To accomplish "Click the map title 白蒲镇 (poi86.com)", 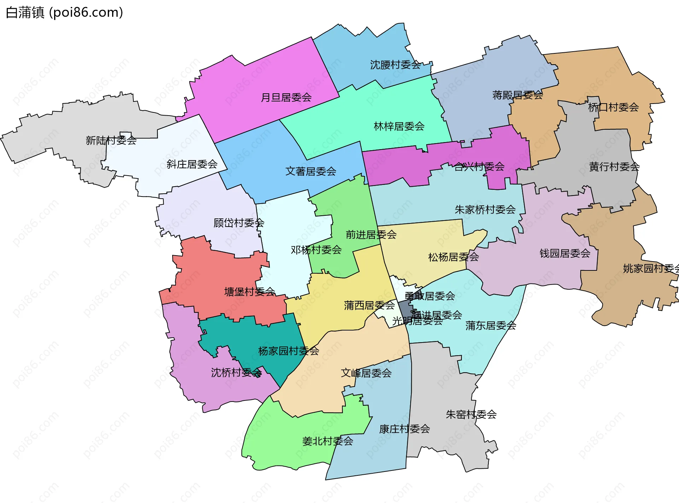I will click(x=64, y=13).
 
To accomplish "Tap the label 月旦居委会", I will click(x=286, y=98).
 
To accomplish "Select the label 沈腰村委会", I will click(x=395, y=65).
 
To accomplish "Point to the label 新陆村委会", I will click(x=111, y=141).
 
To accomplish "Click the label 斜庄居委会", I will click(x=192, y=164).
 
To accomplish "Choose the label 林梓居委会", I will click(x=399, y=127).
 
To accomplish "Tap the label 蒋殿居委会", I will click(x=517, y=95).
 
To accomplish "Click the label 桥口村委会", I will click(x=613, y=107).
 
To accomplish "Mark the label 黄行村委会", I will click(x=614, y=167).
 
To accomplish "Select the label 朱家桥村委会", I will click(x=485, y=210).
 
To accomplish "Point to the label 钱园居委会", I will click(x=565, y=253).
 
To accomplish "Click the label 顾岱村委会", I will click(x=239, y=223).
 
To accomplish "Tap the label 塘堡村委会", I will click(x=249, y=292).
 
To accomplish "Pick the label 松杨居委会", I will click(x=453, y=257).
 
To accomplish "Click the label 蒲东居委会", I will click(x=491, y=326).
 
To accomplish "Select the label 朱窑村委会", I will click(x=471, y=415).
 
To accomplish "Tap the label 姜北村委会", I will click(x=327, y=441).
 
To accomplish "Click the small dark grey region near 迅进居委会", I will click(x=405, y=309).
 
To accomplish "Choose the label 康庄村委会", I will click(x=404, y=429).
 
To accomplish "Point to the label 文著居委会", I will click(x=311, y=172).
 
